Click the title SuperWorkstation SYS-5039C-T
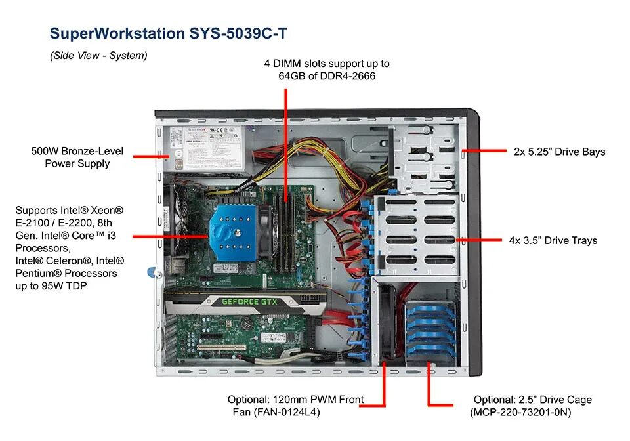tap(168, 33)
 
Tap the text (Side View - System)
tap(98, 56)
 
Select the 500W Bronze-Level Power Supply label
tap(77, 157)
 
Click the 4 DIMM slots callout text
tap(327, 64)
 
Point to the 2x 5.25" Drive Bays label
tap(559, 152)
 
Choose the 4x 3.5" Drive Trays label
tap(553, 240)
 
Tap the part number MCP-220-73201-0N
tap(520, 412)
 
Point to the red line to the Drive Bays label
tap(484, 151)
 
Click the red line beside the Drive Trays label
tap(480, 240)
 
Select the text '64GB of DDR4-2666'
tap(327, 76)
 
